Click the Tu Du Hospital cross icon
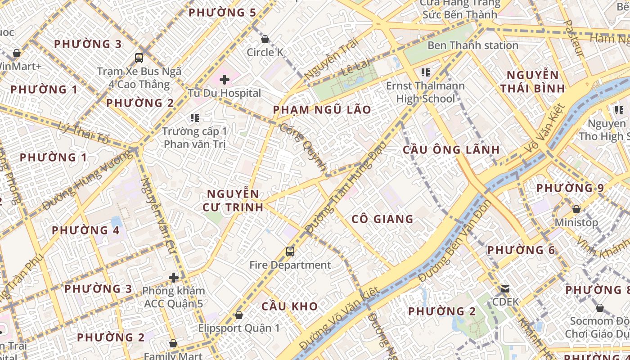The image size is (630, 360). coord(225,80)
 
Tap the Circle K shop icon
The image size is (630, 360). coord(265,39)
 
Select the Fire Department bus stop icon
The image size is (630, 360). coord(290,252)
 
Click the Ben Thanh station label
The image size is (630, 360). coord(472,45)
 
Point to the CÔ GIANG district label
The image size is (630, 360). coord(382,219)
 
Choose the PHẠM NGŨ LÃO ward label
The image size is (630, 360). coord(322,110)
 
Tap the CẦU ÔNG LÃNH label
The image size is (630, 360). coord(451,150)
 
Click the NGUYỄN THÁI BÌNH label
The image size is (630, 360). coord(532,82)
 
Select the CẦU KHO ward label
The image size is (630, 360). coord(290,306)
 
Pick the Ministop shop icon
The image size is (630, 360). coord(576,209)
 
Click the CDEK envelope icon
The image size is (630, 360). coord(505,288)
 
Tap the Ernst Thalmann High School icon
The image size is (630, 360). coord(425,72)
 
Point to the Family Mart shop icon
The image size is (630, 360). coord(173,344)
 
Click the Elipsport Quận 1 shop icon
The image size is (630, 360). coord(239,315)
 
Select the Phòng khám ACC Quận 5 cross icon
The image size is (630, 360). coord(174,278)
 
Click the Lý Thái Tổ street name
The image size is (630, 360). coord(84,133)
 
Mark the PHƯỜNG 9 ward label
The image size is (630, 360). coord(570,188)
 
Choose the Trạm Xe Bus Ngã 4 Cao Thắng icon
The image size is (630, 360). coord(139,58)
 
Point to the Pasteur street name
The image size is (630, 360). coord(574,38)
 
